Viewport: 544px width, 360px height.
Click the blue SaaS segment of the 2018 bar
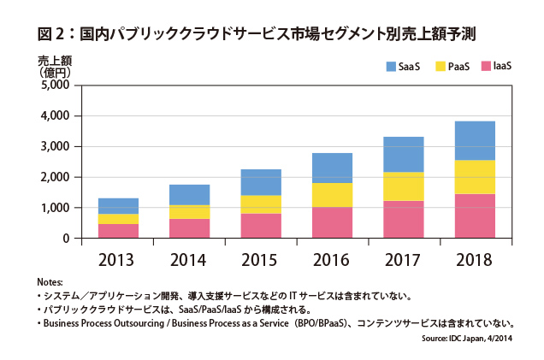tap(475, 141)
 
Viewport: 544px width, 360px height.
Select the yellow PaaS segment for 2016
tap(332, 195)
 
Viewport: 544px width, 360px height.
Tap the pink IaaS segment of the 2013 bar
tap(118, 231)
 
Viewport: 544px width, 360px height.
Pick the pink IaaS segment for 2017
tap(403, 220)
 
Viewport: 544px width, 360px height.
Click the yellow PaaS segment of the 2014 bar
tap(189, 212)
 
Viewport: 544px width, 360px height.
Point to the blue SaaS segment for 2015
tap(261, 182)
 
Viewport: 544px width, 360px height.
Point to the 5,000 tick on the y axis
tap(55, 85)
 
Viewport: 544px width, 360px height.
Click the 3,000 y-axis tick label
tap(55, 146)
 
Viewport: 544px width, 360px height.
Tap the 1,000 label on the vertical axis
tap(55, 208)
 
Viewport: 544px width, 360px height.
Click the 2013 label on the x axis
tap(118, 257)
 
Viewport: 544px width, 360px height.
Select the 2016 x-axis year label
tap(332, 257)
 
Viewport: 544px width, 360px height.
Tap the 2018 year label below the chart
tap(475, 257)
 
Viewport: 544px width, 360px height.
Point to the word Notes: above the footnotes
tap(50, 282)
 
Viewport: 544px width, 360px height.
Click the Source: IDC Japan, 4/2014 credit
tap(470, 339)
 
